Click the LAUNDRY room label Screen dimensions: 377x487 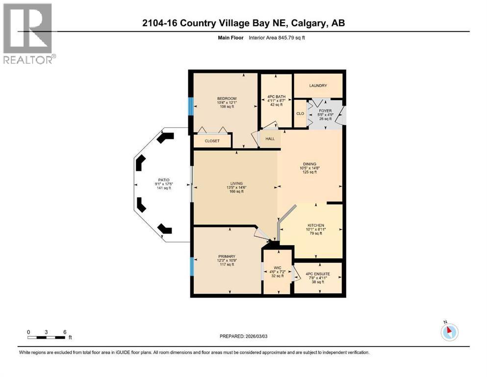(318, 86)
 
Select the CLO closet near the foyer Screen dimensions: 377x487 (300, 114)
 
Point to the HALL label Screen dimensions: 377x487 (270, 139)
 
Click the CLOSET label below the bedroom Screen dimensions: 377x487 (211, 141)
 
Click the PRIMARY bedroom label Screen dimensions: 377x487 (227, 256)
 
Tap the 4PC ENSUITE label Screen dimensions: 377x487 (317, 273)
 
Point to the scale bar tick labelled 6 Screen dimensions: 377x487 (64, 332)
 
